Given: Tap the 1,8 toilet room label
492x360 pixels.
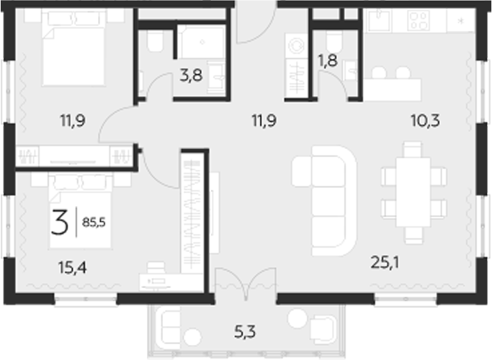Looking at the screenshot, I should tap(328, 60).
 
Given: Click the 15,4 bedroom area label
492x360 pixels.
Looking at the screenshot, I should tap(72, 269).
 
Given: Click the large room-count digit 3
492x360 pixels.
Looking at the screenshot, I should tap(61, 222).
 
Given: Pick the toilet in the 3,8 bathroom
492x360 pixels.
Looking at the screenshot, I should tap(153, 44).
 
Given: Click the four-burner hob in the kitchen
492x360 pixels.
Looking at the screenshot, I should tap(419, 22).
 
